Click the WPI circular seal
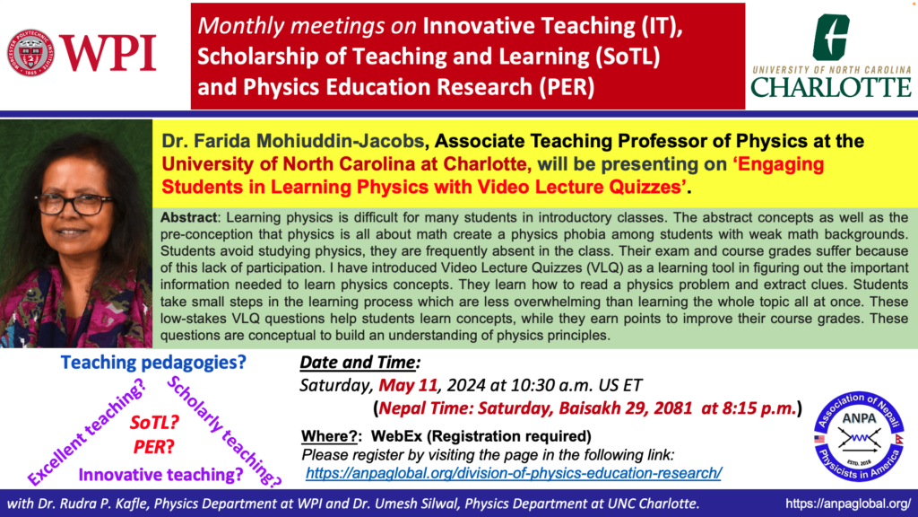coord(31,53)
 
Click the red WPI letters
coord(108,53)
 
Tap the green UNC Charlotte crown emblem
coord(831,37)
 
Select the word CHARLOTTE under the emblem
coord(831,87)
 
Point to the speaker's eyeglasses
coord(74,204)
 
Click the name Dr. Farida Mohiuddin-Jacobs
coord(293,141)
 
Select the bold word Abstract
coord(188,217)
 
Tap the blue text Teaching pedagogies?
coord(153,363)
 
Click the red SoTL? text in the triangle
coord(154,422)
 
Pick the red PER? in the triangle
coord(153,447)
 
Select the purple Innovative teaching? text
coord(160,474)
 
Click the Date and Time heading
coord(359,363)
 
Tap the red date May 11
coord(408,385)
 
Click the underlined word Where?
coord(329,436)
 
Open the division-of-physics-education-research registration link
coord(514,473)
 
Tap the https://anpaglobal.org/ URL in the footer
coord(848,504)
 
